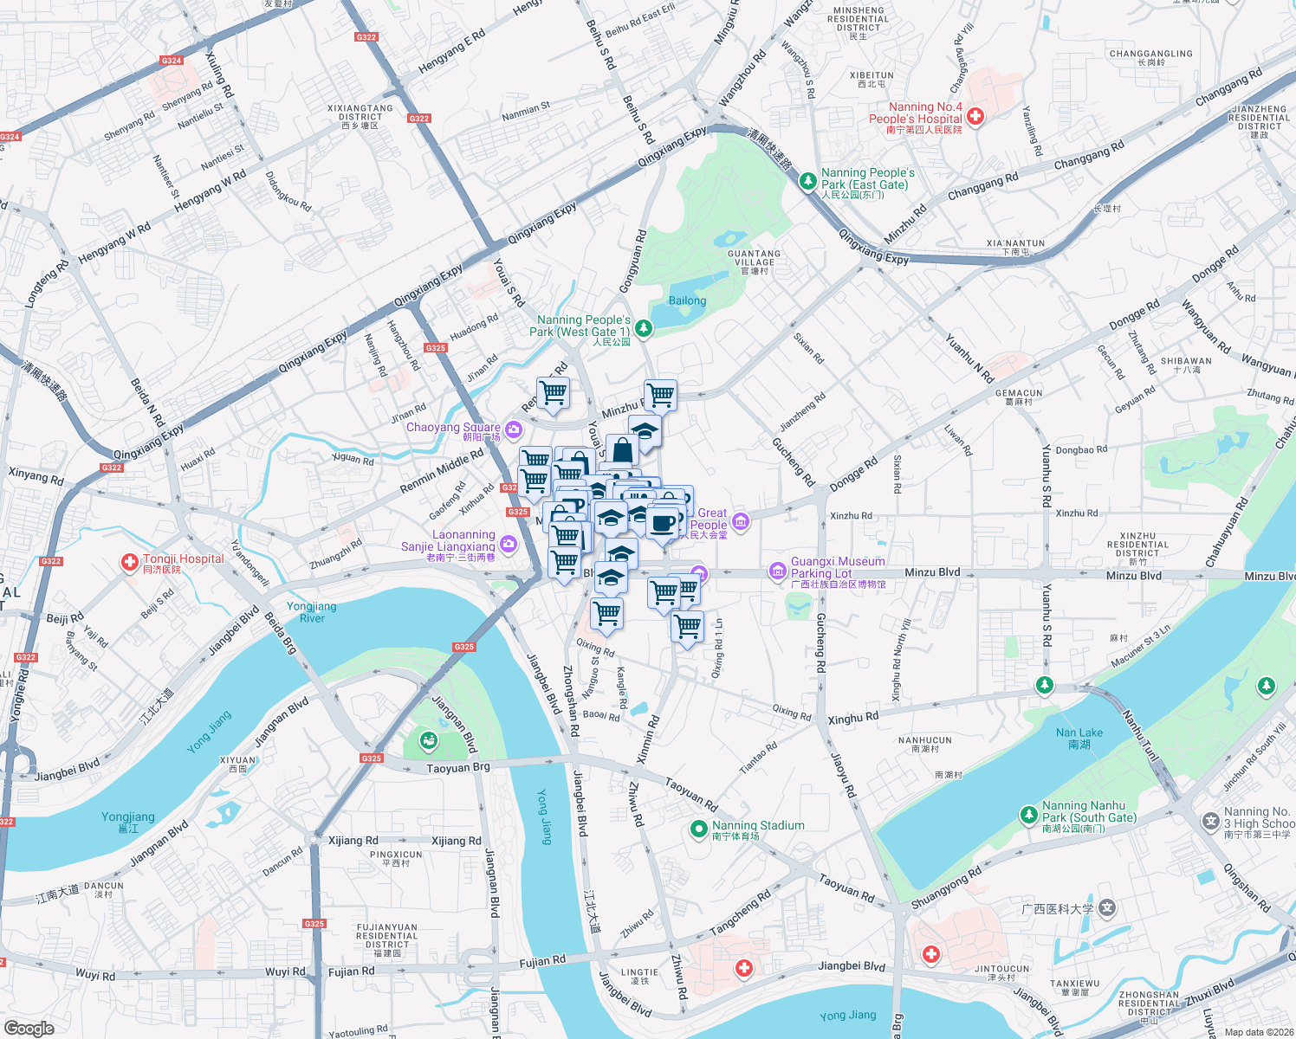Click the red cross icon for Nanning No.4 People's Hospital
[975, 116]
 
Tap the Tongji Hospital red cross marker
[130, 564]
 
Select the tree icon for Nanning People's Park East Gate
[807, 181]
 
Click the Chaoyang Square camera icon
[515, 429]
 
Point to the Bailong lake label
[687, 301]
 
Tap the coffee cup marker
[664, 523]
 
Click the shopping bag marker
[622, 450]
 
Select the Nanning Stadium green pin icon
[698, 829]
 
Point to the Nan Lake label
[1079, 739]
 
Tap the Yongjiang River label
[312, 612]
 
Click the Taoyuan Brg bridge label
[458, 768]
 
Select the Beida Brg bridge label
[280, 633]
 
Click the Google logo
[29, 1028]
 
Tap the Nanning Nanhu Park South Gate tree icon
[1028, 815]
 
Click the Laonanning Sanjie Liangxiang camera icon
[509, 544]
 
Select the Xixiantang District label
[360, 117]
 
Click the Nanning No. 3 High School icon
[1210, 821]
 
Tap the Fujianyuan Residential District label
[386, 939]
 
